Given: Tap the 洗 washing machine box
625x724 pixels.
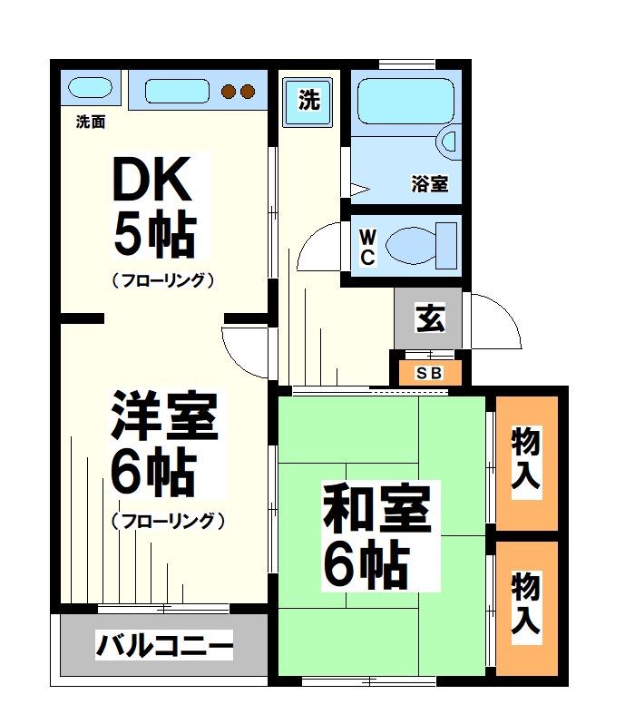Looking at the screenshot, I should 309,100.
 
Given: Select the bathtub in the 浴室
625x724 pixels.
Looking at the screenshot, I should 405,103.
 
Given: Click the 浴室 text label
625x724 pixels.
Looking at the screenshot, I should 429,184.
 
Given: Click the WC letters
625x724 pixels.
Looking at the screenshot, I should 367,246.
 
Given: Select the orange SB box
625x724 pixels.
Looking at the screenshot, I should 428,373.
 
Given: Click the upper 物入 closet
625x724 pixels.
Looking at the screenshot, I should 526,461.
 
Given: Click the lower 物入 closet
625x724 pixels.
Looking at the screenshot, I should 526,603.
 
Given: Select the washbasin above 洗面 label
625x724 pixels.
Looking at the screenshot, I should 90,90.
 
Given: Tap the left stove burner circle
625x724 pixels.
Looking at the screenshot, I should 229,91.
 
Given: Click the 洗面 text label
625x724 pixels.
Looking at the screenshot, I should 90,121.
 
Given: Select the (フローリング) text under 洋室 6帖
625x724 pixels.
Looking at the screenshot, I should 168,521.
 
